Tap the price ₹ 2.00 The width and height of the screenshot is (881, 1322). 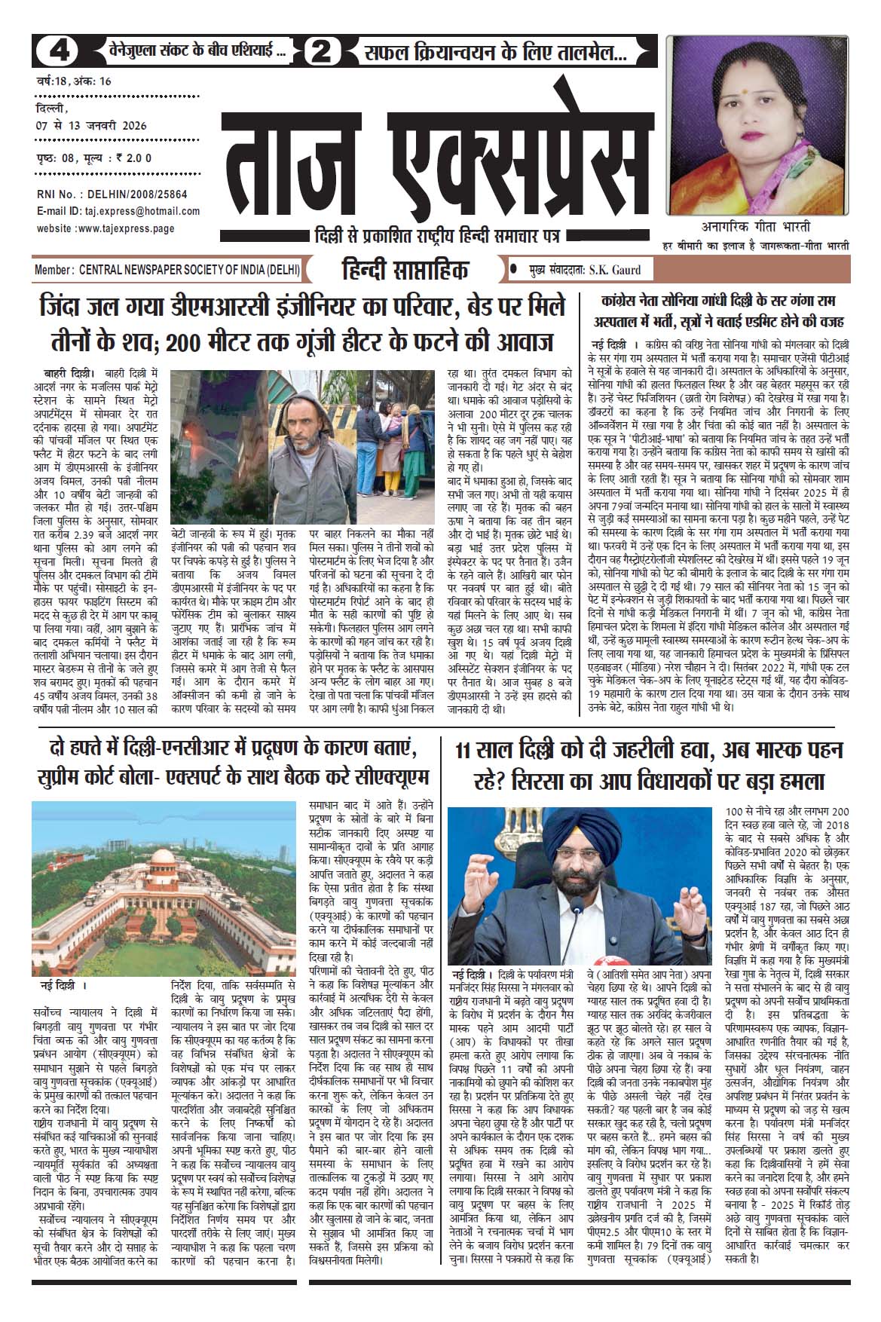[133, 158]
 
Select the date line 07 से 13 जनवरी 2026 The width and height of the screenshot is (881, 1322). [91, 125]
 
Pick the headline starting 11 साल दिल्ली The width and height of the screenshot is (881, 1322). [649, 765]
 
